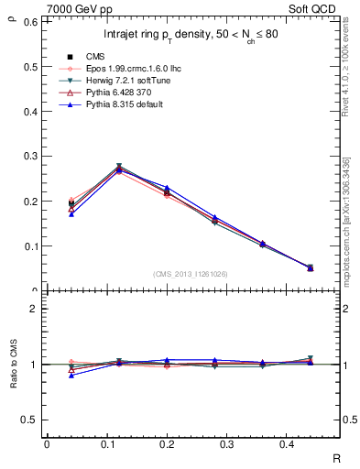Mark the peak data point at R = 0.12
[119, 169]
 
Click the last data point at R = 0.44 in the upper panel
[310, 267]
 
